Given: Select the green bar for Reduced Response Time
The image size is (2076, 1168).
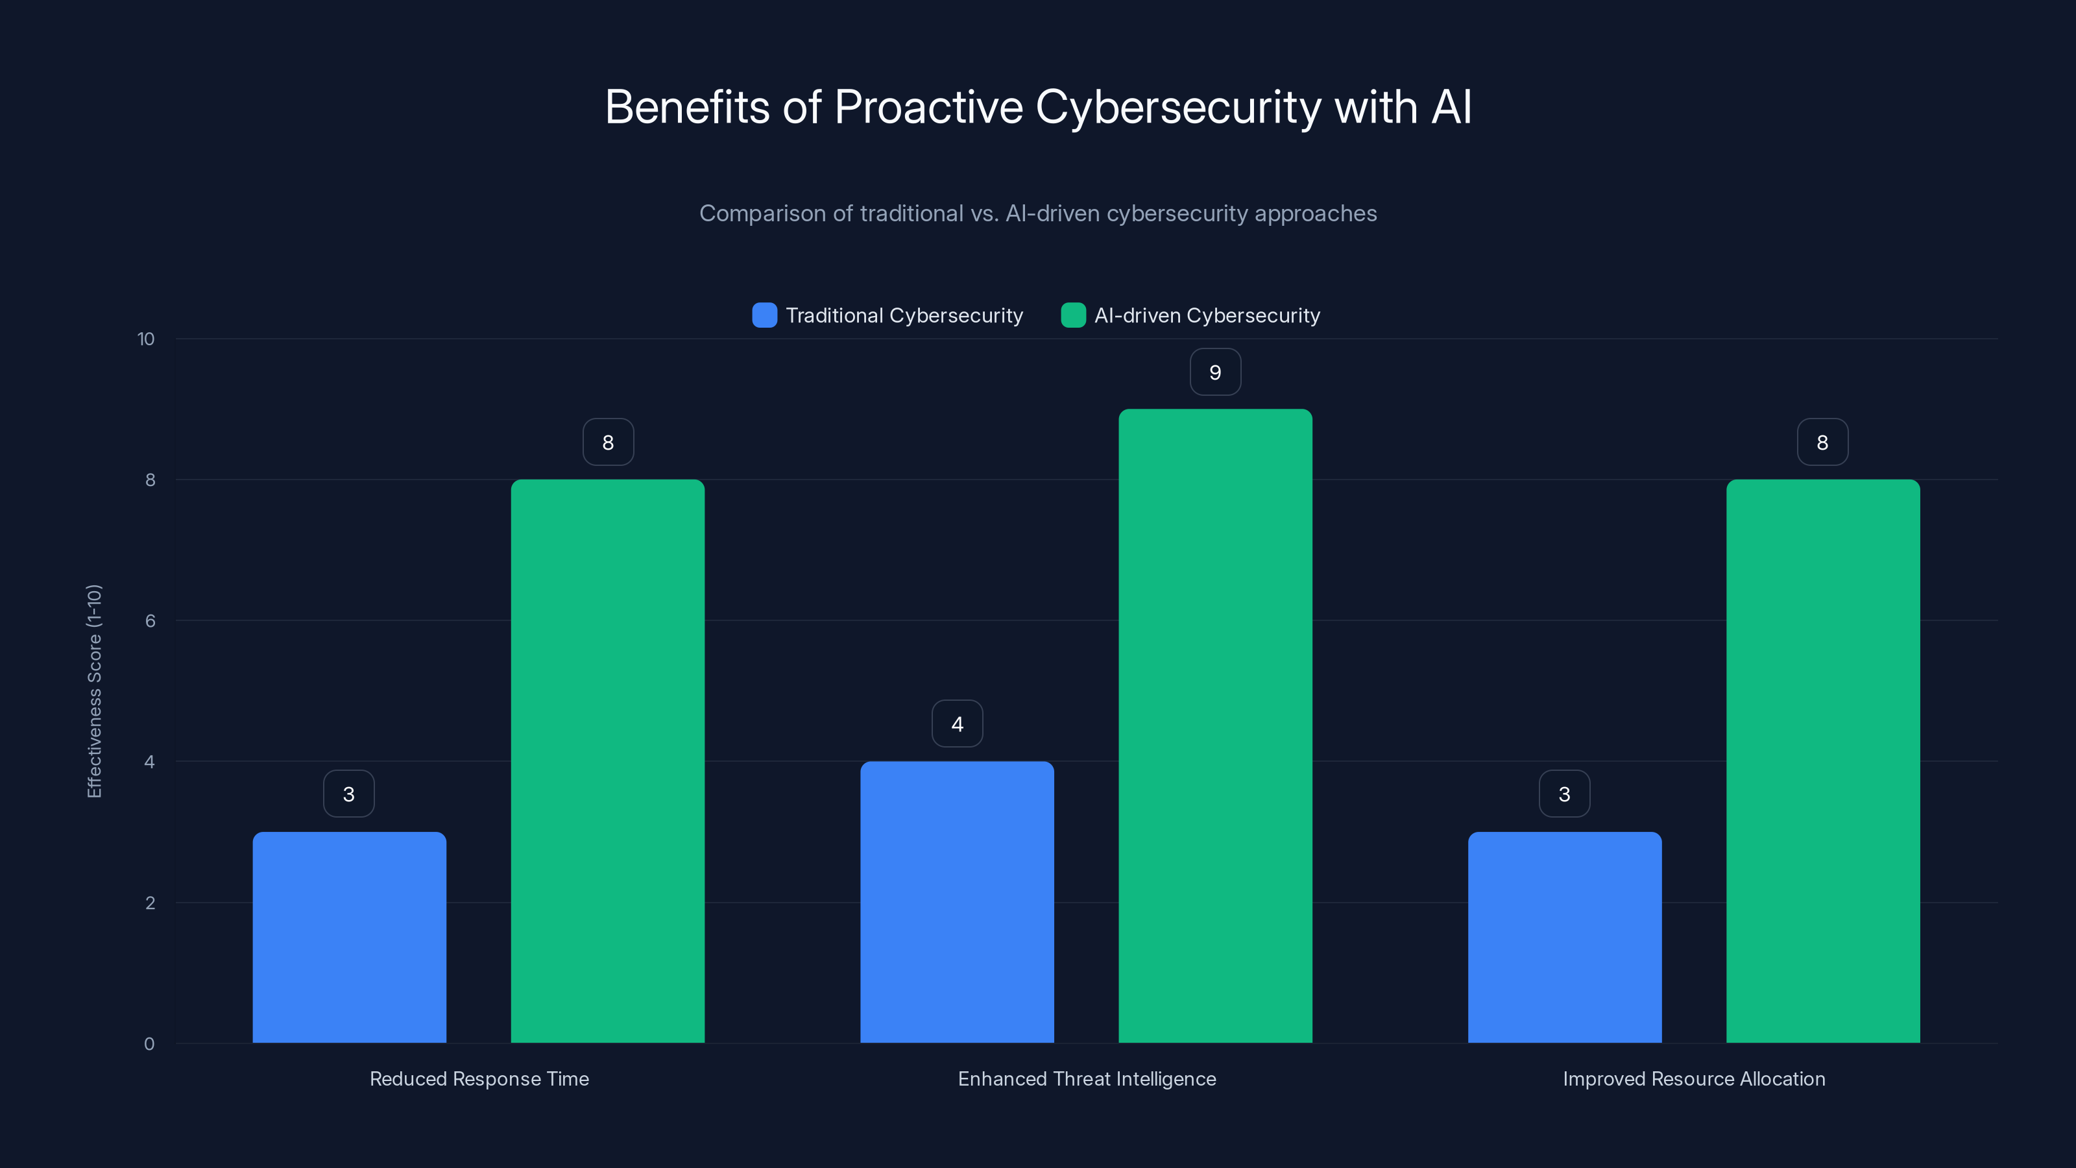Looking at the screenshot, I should (608, 761).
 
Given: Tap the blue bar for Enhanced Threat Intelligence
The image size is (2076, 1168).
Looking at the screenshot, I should (957, 902).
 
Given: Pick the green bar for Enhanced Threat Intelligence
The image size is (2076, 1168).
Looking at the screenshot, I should (1215, 725).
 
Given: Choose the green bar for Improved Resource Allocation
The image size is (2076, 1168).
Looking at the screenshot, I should (1823, 761).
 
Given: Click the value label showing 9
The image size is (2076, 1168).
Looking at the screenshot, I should (1215, 372).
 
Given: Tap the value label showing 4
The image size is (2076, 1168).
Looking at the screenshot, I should (957, 724).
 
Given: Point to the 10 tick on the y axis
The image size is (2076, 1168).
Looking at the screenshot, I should (146, 339).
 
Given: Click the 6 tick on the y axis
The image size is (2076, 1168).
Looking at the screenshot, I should (150, 621).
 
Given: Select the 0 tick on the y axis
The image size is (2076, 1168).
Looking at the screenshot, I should (149, 1044).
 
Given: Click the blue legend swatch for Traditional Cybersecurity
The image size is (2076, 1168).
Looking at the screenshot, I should (764, 315).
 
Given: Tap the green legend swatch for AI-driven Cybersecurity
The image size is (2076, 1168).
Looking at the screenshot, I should (1072, 315).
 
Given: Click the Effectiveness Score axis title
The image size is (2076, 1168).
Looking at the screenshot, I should (94, 691).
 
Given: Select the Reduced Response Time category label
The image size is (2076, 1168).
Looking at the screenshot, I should (479, 1078).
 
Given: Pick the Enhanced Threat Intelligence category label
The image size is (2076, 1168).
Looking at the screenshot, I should (1087, 1078).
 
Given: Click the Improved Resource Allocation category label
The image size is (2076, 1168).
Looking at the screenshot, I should (1694, 1078).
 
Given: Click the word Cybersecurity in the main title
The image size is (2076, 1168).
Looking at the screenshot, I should (1177, 108).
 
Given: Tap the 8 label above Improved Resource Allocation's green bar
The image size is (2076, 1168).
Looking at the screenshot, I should (1822, 443).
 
